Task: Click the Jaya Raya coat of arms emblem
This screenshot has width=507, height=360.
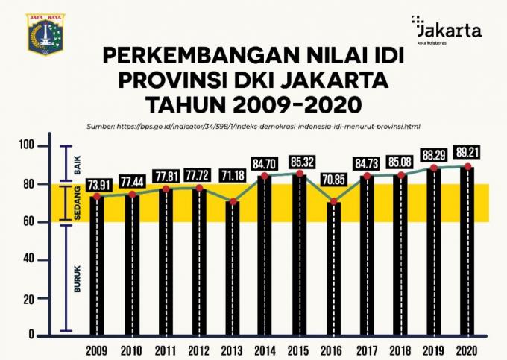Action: click(45, 33)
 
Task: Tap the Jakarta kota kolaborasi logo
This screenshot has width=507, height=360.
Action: click(447, 31)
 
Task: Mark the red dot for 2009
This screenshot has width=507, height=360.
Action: click(96, 196)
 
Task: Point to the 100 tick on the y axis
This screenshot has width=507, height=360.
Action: click(28, 145)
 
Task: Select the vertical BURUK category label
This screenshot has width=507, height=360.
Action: click(77, 277)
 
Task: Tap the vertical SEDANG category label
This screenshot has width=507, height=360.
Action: click(77, 203)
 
